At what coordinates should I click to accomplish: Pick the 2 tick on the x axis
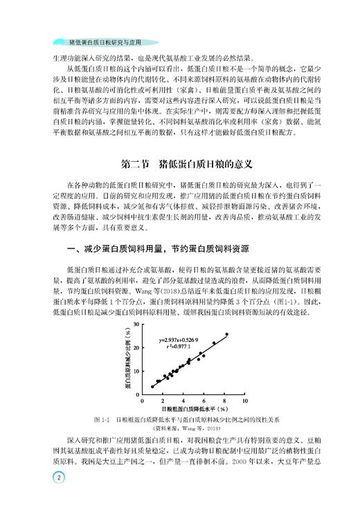coord(163,400)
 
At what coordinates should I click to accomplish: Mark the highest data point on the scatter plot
coord(226,334)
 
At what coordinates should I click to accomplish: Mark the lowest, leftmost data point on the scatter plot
coord(152,386)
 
